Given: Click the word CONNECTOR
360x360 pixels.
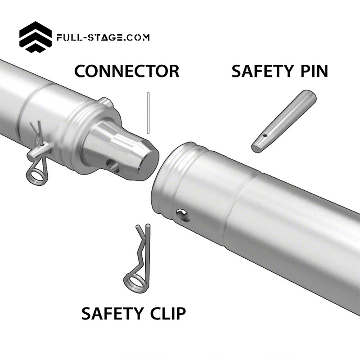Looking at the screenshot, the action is (126, 71).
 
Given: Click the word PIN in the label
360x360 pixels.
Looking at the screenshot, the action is (312, 71).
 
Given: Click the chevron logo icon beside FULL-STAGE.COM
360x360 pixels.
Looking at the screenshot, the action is (36, 37).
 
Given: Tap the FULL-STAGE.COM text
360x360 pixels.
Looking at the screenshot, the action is (103, 38).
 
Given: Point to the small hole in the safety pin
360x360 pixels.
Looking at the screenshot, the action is (266, 134).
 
